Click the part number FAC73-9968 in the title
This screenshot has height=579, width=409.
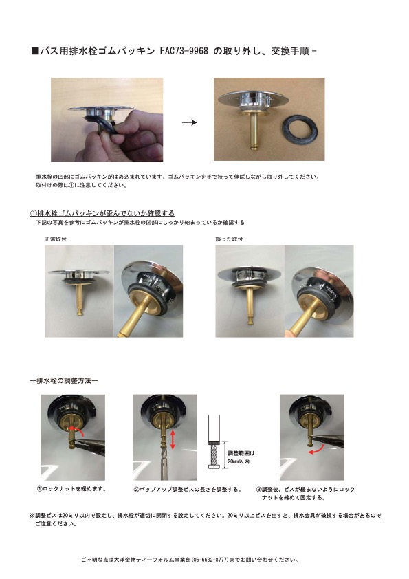(x=184, y=51)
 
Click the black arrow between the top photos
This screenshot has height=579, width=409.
(x=190, y=122)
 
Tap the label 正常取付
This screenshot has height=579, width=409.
(x=56, y=239)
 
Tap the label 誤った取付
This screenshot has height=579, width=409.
(x=229, y=239)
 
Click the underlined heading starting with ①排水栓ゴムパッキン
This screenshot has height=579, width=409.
(x=102, y=213)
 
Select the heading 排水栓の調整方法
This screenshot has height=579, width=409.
(x=64, y=380)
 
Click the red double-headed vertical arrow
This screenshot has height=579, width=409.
(x=173, y=439)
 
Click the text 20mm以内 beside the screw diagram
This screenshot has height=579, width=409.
(x=239, y=461)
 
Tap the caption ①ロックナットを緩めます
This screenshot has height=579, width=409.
(x=71, y=488)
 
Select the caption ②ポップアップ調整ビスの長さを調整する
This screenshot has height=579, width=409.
(x=187, y=490)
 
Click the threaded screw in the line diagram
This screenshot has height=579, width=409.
(x=214, y=455)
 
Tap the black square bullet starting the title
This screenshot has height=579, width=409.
(x=35, y=51)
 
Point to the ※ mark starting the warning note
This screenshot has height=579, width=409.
(x=32, y=515)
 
